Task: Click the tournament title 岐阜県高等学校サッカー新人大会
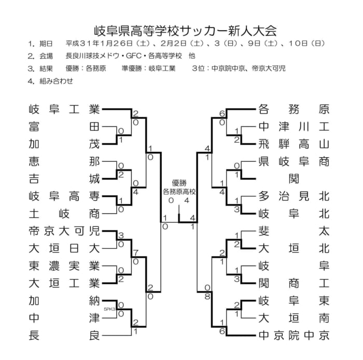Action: [x=185, y=31]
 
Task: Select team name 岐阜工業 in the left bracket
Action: [x=64, y=109]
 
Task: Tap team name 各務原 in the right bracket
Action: [x=294, y=109]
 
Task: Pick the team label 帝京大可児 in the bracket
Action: [x=64, y=231]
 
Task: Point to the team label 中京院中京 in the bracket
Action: [x=294, y=336]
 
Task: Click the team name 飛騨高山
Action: [x=294, y=144]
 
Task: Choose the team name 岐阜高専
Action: [x=64, y=196]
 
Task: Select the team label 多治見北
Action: [x=294, y=196]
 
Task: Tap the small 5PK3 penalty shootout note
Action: [x=109, y=309]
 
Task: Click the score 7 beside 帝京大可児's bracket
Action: [x=136, y=253]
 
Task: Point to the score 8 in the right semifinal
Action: [x=207, y=296]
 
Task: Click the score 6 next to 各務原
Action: [x=222, y=114]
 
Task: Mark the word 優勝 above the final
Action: [x=179, y=183]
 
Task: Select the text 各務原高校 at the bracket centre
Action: [x=179, y=192]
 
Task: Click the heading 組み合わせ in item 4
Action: [x=56, y=81]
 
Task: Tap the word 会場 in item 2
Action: [x=46, y=56]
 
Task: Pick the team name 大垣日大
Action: [x=64, y=248]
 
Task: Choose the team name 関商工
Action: [x=294, y=283]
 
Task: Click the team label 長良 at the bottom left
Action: [x=64, y=336]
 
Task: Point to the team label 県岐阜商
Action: [x=294, y=162]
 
